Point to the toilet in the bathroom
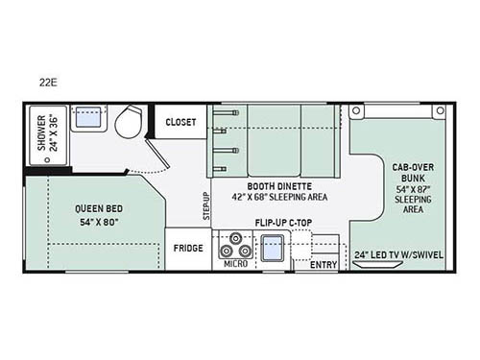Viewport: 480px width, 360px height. tap(127, 123)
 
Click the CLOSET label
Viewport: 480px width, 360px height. tap(180, 122)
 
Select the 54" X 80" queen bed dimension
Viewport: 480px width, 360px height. tap(92, 222)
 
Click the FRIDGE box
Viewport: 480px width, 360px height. tap(187, 247)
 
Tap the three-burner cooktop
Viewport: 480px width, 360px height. tap(233, 247)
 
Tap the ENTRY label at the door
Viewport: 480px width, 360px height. tap(323, 264)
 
